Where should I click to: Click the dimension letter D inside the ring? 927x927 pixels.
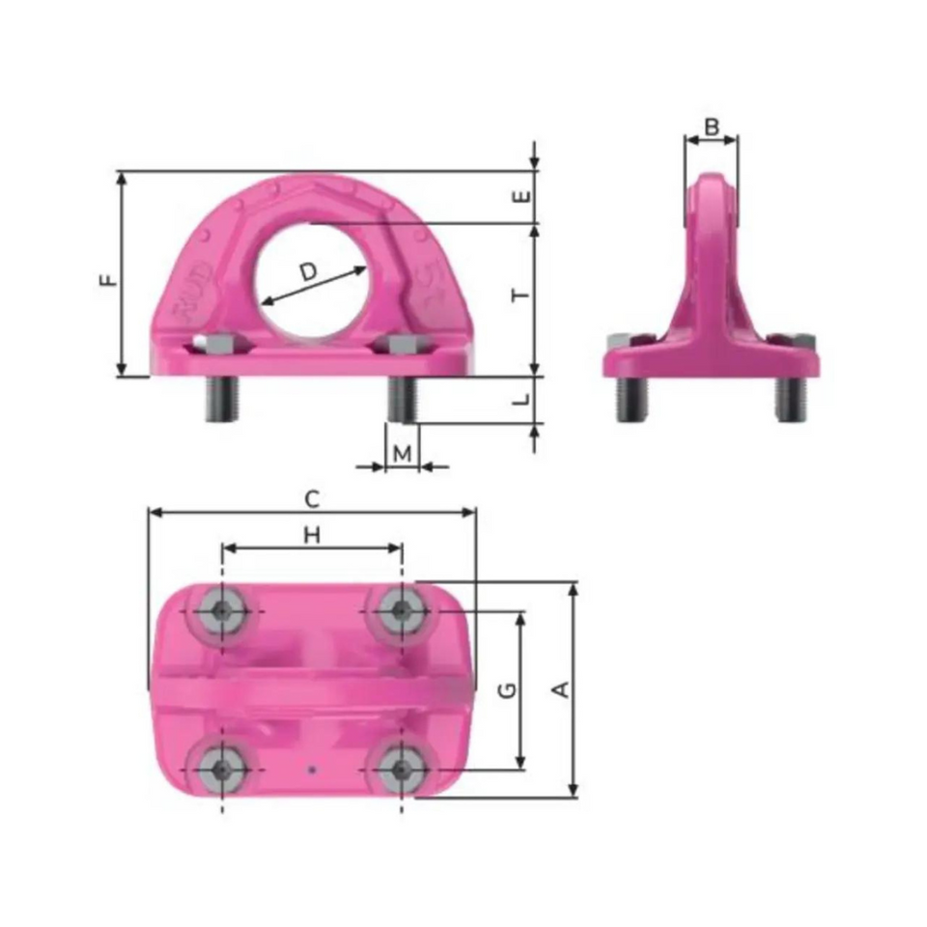pyautogui.click(x=308, y=272)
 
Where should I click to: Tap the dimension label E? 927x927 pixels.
pyautogui.click(x=521, y=196)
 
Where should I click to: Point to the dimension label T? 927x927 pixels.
pyautogui.click(x=521, y=295)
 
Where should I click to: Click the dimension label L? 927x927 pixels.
pyautogui.click(x=521, y=398)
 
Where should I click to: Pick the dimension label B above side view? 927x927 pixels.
pyautogui.click(x=712, y=126)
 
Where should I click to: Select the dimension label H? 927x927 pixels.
pyautogui.click(x=311, y=535)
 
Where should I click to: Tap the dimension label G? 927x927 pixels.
pyautogui.click(x=509, y=689)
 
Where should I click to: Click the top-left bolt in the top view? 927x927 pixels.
pyautogui.click(x=222, y=610)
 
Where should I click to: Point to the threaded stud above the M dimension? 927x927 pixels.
pyautogui.click(x=402, y=399)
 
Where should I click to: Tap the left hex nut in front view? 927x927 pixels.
pyautogui.click(x=220, y=343)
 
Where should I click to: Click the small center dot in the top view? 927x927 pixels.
pyautogui.click(x=311, y=770)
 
